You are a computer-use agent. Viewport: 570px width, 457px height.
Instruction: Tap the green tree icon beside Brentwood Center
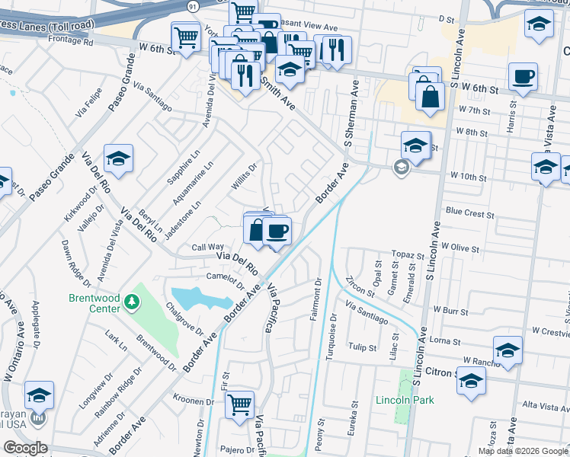pos(133,302)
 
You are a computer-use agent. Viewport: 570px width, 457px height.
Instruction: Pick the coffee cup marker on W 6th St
pos(524,77)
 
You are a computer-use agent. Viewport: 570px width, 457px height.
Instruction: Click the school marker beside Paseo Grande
pos(118,158)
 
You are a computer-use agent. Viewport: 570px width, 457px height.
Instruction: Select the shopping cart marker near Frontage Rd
pos(185,36)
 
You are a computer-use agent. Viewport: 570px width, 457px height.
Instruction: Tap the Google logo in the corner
pos(26,448)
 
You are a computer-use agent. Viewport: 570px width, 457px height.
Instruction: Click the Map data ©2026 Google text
pos(523,451)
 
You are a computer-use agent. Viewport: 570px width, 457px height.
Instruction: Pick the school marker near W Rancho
pos(508,350)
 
